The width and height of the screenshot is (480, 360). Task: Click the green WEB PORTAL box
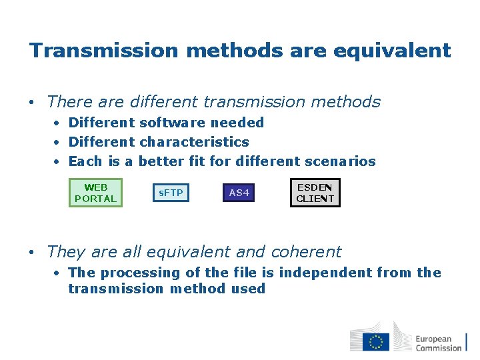[96, 193]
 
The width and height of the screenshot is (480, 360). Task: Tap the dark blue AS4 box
[239, 193]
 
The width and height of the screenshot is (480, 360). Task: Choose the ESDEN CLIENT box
[315, 193]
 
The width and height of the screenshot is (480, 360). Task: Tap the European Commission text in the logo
[438, 343]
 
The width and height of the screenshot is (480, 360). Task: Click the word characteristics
[194, 142]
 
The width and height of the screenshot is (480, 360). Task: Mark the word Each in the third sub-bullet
[85, 161]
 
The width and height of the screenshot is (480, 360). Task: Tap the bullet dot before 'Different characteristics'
[59, 143]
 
